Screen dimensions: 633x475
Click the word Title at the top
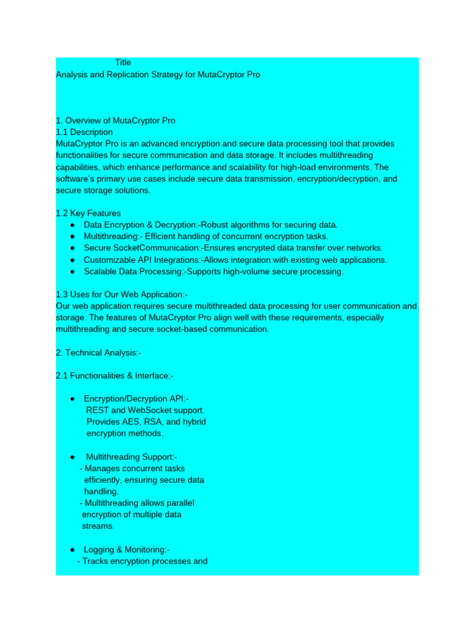pyautogui.click(x=123, y=62)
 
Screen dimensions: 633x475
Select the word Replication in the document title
pyautogui.click(x=130, y=75)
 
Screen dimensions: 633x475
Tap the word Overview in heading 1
pyautogui.click(x=84, y=121)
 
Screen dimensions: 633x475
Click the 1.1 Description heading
pyautogui.click(x=84, y=132)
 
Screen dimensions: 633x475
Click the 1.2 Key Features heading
pyautogui.click(x=88, y=213)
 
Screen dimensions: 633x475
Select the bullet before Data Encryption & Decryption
pyautogui.click(x=73, y=225)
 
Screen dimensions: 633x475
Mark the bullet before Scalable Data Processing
pyautogui.click(x=73, y=271)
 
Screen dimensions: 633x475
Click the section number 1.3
pyautogui.click(x=62, y=295)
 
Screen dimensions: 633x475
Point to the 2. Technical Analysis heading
pyautogui.click(x=99, y=353)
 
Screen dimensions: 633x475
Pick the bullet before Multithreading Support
pyautogui.click(x=73, y=457)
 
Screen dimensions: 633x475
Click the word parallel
pyautogui.click(x=178, y=503)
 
